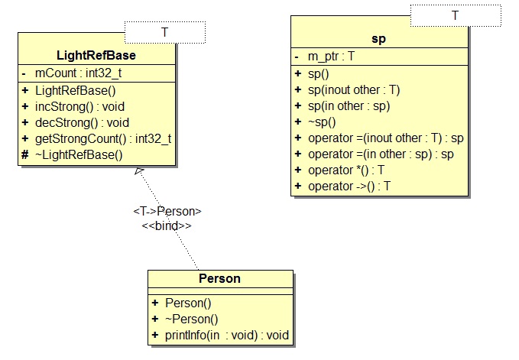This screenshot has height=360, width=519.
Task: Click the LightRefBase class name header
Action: (96, 56)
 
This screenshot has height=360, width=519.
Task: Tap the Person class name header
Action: (219, 278)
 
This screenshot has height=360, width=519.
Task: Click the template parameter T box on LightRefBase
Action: (164, 32)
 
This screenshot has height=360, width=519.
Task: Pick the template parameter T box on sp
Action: (456, 15)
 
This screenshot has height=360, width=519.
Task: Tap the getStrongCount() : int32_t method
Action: (104, 138)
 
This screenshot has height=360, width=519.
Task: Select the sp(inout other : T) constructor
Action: (354, 89)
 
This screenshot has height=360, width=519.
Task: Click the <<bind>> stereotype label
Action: (166, 226)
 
